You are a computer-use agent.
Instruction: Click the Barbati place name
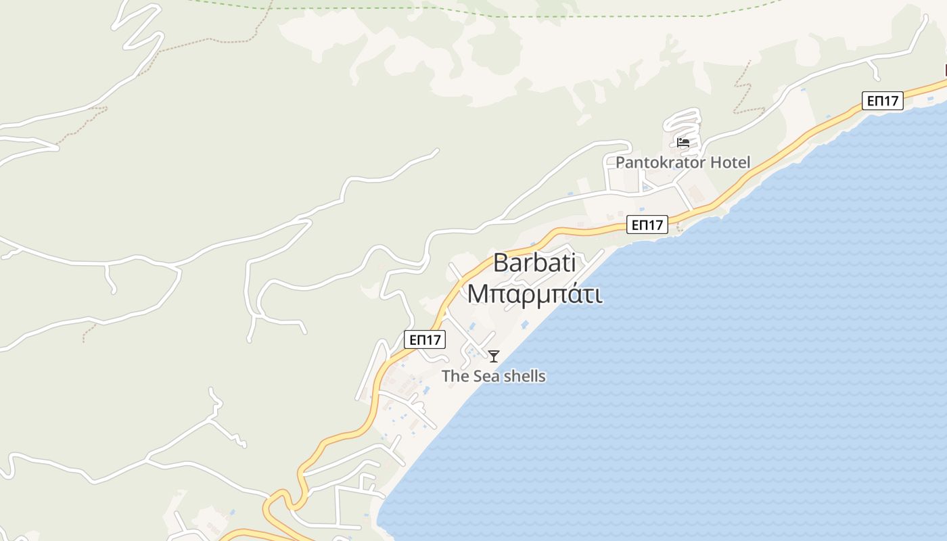click(534, 262)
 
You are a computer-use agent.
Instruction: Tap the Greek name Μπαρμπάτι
click(534, 294)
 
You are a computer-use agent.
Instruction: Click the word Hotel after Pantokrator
click(730, 162)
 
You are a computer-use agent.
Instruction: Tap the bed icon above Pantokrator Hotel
click(683, 143)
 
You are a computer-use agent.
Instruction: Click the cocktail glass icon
click(494, 356)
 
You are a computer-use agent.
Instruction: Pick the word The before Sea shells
click(455, 376)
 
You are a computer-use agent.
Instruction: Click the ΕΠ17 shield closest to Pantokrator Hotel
click(647, 225)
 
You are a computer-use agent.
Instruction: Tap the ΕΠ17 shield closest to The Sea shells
click(425, 339)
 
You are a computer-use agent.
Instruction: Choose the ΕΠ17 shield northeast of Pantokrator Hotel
click(883, 101)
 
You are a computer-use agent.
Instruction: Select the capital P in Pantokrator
click(620, 162)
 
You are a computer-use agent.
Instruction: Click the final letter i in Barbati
click(572, 262)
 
